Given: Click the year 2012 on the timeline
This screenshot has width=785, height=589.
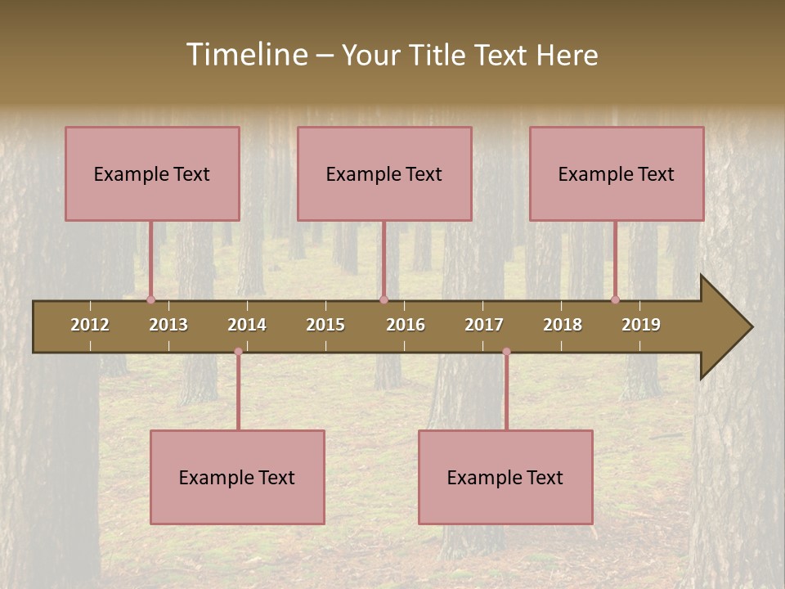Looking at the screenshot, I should [x=90, y=325].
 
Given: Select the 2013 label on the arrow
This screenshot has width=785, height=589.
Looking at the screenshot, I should [x=168, y=325].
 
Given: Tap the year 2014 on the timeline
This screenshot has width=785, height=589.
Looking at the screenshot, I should [x=247, y=325].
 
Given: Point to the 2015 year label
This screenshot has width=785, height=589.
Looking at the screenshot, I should [x=325, y=325].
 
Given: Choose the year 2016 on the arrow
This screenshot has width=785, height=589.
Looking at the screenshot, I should [x=406, y=325].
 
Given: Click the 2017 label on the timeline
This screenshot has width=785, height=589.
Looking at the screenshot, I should [x=484, y=325].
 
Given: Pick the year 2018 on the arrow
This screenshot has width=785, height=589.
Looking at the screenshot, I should [x=563, y=325].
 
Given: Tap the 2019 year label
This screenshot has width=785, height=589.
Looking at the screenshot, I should [x=641, y=325].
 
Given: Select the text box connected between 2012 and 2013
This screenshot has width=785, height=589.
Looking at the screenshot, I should [x=152, y=173].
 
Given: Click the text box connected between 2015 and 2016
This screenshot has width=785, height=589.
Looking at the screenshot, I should [x=384, y=173].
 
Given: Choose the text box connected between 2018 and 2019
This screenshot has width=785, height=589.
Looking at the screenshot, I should [x=617, y=173].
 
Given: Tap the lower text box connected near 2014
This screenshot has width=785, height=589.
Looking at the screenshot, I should [x=237, y=477].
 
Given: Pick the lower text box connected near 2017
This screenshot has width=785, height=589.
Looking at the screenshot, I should [x=505, y=477].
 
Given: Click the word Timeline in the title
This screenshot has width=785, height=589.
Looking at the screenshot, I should [x=245, y=55].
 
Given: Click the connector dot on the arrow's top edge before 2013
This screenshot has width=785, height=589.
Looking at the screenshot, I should [x=150, y=299].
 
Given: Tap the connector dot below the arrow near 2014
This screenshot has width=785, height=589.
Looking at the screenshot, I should [x=238, y=352].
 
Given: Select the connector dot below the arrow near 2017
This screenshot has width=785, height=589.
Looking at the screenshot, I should [x=506, y=352].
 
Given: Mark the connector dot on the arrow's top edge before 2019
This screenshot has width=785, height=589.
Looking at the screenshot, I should [x=615, y=299].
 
